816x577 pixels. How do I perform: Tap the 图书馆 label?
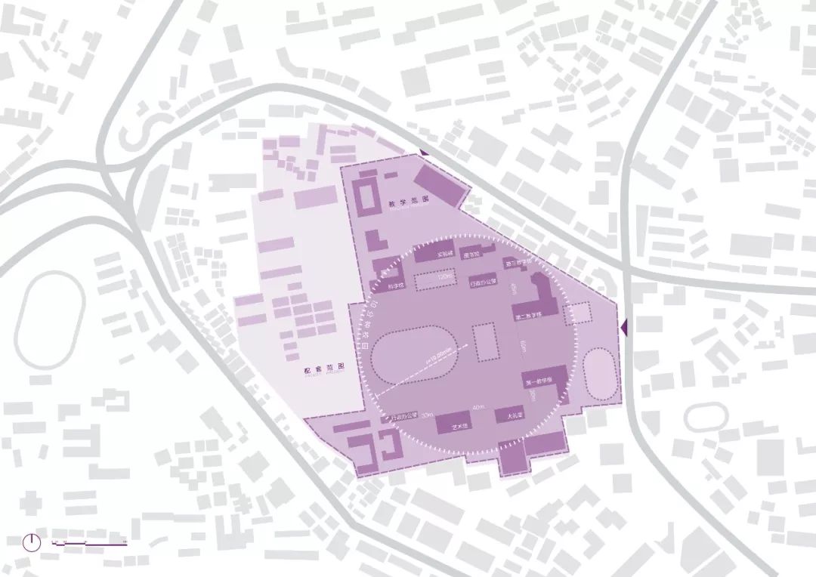coord(471,256)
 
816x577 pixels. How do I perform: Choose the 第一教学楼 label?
coord(539,381)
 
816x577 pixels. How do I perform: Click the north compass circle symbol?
coord(31,542)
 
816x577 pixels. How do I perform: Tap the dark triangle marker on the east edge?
coord(623,327)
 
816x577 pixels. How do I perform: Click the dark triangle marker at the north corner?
coord(425,153)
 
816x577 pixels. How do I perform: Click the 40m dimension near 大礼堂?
coord(477,409)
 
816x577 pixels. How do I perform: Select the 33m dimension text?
coord(428,415)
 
